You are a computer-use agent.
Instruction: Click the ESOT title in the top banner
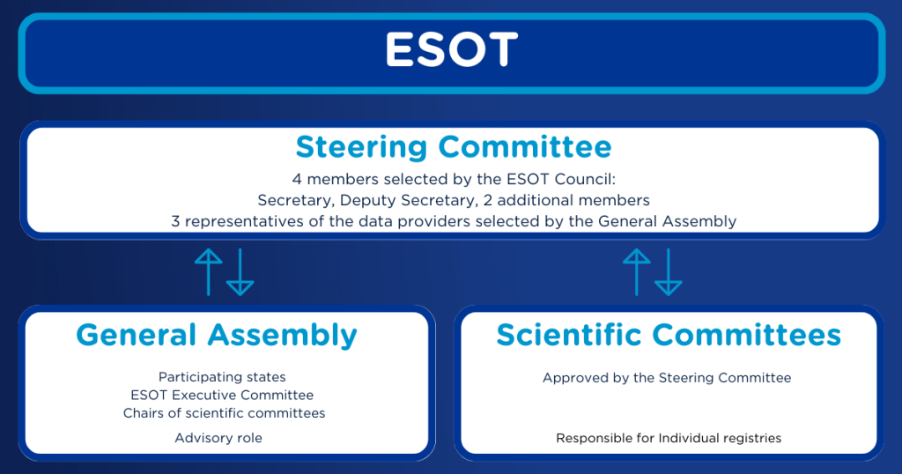[451, 51]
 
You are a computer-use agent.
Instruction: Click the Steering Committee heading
[453, 145]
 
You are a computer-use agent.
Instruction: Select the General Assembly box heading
[217, 335]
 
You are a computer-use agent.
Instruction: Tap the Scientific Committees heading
[668, 335]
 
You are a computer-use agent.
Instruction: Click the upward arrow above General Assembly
[209, 271]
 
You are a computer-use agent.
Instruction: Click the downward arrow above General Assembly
[240, 271]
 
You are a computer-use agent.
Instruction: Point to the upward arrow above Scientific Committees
[636, 271]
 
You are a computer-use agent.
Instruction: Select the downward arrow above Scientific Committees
[668, 271]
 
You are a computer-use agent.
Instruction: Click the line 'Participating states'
[222, 377]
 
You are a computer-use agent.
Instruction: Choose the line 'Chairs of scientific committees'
[224, 413]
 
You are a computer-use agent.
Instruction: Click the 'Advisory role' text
[218, 438]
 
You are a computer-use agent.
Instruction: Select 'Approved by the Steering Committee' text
[667, 378]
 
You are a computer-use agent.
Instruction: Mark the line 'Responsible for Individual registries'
[668, 438]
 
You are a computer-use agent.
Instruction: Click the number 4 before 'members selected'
[297, 179]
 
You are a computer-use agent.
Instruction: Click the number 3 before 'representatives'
[175, 221]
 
